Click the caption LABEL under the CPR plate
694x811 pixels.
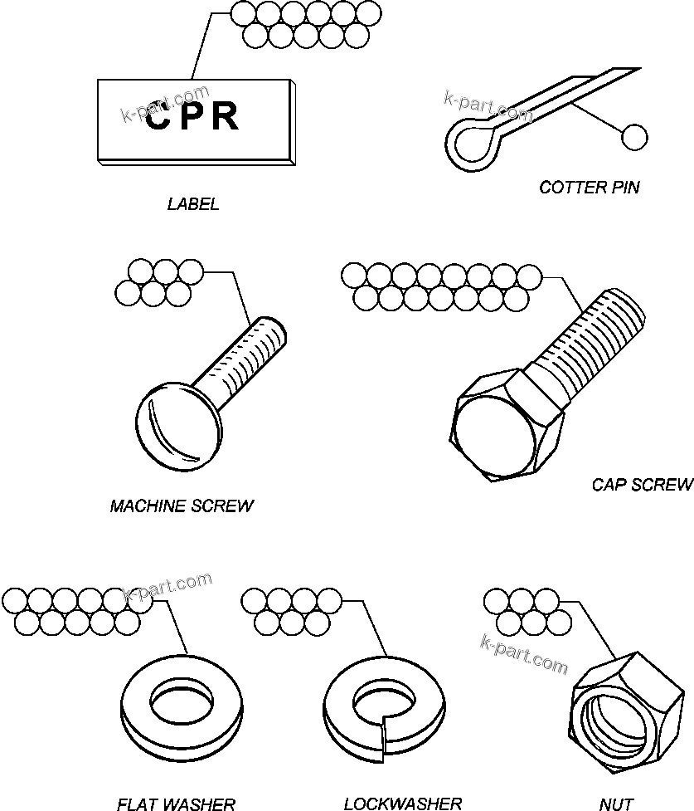coord(193,204)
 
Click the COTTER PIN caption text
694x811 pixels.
coord(589,187)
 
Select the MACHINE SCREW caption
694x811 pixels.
coord(182,506)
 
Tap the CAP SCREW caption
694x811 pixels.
coord(642,485)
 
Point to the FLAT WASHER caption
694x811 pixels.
coord(176,803)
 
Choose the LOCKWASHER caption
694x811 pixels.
coord(402,803)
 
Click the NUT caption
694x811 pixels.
coord(616,803)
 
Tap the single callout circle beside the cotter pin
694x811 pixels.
coord(634,137)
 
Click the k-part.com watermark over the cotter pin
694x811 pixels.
coord(488,105)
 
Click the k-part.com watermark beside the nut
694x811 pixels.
coord(524,654)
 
